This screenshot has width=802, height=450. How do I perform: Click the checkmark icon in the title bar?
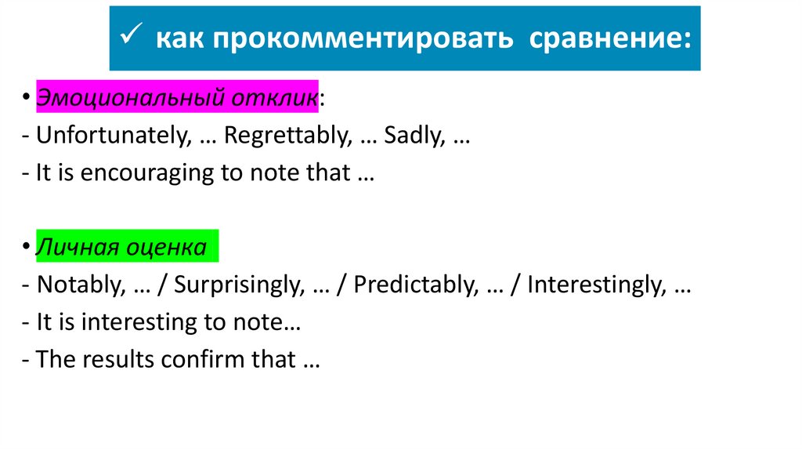133,38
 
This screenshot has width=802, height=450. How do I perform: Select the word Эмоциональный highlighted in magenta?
129,98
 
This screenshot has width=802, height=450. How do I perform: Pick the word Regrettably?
287,136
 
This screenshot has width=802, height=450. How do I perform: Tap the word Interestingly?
593,285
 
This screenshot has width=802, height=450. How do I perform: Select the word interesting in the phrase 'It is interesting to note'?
133,322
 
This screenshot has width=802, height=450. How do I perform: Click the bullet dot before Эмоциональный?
27,99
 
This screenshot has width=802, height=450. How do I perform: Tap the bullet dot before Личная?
27,249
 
